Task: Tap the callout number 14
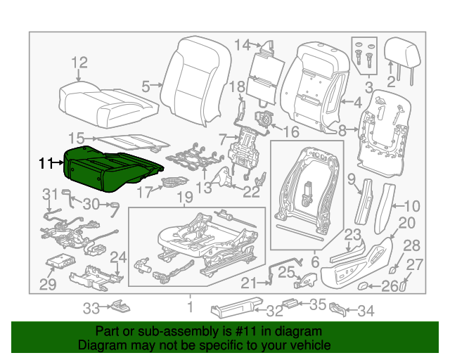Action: pos(242,45)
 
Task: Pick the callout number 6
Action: pos(315,261)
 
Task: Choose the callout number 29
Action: pos(47,284)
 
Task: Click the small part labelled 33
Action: pos(120,306)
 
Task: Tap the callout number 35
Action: pos(319,304)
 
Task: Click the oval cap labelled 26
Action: pos(366,285)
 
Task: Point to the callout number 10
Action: pos(413,206)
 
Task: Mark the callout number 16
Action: pos(291,131)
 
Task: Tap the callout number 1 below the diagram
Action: pos(189,307)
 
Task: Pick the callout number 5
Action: pos(146,86)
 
